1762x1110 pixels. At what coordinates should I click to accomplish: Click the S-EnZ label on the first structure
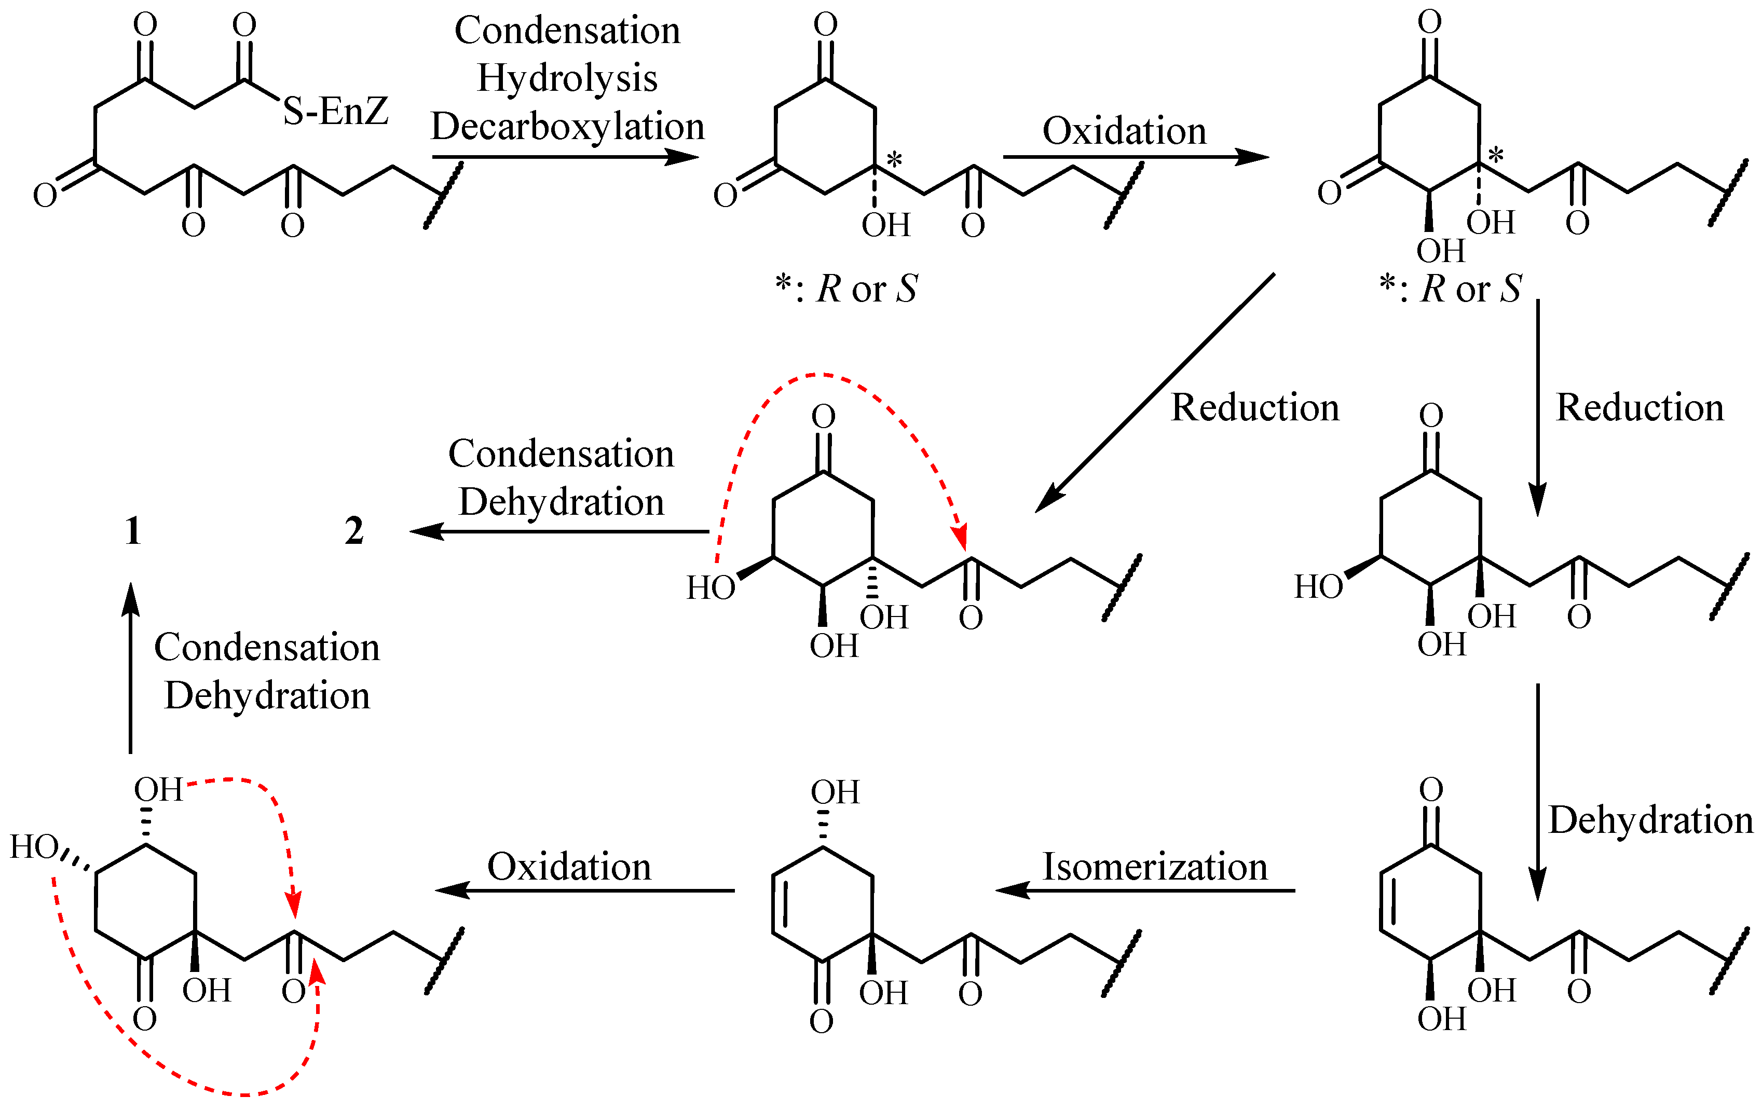point(335,111)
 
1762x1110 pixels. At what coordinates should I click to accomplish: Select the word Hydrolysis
point(567,78)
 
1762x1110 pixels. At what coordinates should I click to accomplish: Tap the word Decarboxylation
point(567,127)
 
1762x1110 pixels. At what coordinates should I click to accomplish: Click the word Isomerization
point(1155,867)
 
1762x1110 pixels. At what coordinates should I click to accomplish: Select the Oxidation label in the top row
point(1124,132)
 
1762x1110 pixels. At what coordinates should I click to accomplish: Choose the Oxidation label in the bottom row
point(569,867)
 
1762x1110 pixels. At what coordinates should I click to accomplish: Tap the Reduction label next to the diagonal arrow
point(1255,407)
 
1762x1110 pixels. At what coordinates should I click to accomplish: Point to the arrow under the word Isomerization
point(1145,890)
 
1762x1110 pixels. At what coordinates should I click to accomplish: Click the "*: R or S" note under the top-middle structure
point(846,289)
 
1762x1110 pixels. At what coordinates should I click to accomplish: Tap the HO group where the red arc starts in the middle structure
point(711,587)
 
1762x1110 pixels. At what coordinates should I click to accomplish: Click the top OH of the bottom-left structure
point(158,789)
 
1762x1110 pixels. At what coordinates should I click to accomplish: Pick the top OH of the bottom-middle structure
point(835,792)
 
